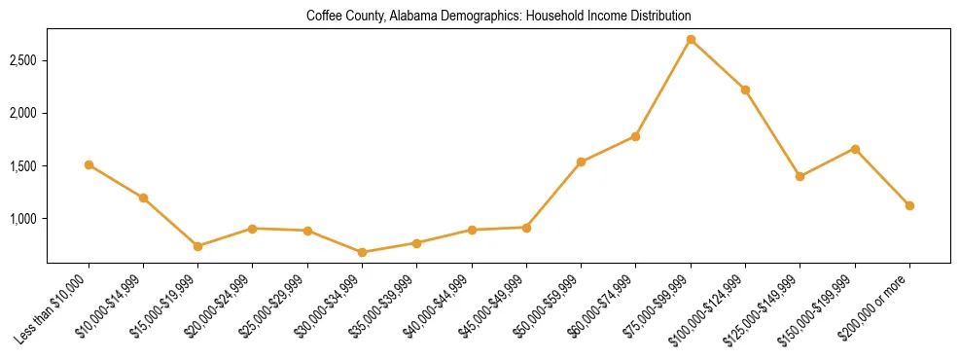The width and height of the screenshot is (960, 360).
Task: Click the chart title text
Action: [x=498, y=16]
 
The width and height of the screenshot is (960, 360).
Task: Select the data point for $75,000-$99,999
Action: [x=691, y=40]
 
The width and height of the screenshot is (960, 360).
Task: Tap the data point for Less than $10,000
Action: [x=89, y=165]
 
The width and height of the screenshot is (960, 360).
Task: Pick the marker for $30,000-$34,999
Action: [x=363, y=252]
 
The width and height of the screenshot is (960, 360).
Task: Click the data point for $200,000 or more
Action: [x=909, y=205]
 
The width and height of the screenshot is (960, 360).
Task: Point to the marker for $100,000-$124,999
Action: [x=745, y=90]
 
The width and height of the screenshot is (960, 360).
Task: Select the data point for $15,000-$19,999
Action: [x=198, y=246]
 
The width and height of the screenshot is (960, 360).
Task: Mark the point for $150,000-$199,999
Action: [x=855, y=149]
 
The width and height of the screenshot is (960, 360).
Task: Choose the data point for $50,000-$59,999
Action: [x=582, y=162]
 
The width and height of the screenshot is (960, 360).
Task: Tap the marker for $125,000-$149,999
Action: [x=800, y=176]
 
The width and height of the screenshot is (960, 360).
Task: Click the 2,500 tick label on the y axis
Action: [x=22, y=60]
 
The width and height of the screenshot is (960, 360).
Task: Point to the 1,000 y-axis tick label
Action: [x=22, y=219]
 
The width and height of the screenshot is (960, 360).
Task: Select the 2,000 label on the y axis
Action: [x=22, y=113]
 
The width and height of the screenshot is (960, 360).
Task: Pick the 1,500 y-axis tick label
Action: [x=22, y=166]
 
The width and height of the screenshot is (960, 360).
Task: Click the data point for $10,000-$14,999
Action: [x=143, y=198]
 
